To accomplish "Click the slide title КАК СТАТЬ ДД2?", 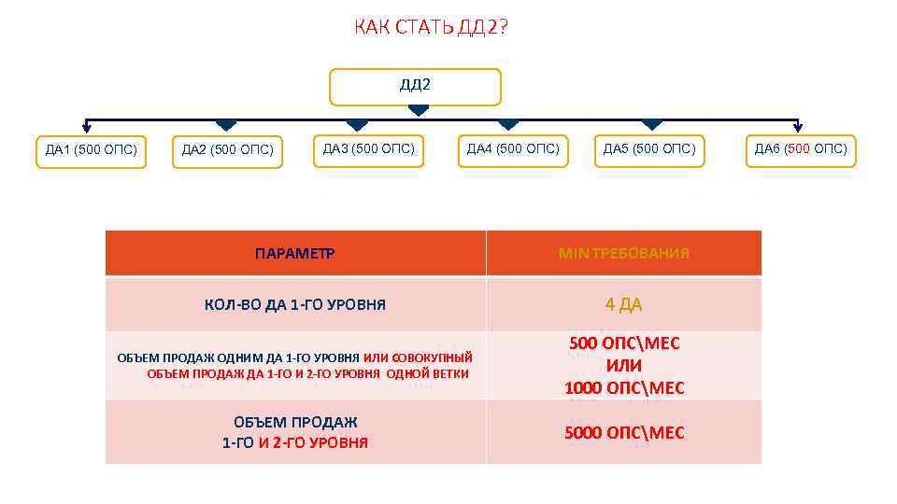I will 432,27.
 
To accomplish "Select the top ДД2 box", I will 415,86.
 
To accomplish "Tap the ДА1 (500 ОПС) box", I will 92,149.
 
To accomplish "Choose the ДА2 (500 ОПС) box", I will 227,149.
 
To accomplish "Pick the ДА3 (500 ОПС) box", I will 369,148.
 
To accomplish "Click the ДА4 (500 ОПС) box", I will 513,148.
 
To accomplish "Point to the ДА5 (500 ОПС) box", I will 649,148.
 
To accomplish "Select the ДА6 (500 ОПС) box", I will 801,148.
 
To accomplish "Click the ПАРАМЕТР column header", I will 295,253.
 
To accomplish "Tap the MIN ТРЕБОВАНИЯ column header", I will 624,253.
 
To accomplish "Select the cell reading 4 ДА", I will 623,304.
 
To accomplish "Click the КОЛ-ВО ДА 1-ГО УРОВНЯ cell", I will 295,304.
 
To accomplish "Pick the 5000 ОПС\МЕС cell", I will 624,432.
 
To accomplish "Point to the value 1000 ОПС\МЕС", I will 624,388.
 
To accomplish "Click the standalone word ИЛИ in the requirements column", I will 624,366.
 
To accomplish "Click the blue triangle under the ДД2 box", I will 418,110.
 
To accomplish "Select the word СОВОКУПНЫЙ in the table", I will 433,357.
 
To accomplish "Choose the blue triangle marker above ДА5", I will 652,124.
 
